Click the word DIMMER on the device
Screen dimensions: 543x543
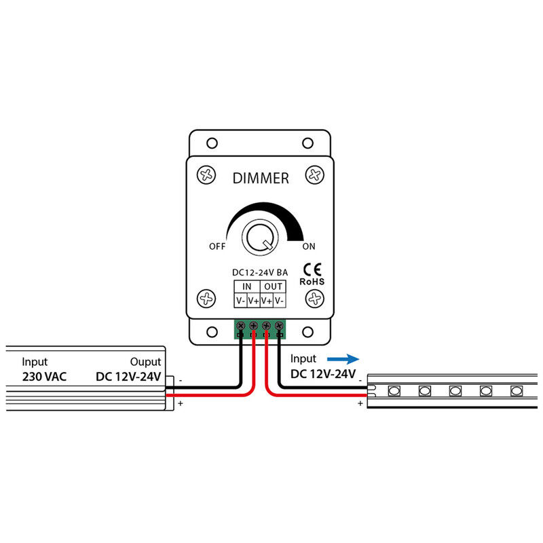click(x=261, y=179)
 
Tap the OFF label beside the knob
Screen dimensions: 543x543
click(x=217, y=246)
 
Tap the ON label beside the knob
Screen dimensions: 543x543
click(x=309, y=246)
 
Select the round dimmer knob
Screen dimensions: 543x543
click(x=260, y=238)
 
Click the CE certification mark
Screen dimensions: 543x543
click(x=312, y=269)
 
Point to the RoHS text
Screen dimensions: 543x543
click(x=312, y=282)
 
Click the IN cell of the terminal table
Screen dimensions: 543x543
click(x=247, y=286)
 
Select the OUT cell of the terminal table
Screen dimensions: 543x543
click(x=273, y=286)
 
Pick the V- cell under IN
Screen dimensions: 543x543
click(x=241, y=301)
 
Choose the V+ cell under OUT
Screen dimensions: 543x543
click(x=266, y=301)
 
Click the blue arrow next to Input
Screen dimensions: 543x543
click(x=343, y=359)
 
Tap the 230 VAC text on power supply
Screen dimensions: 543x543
click(x=44, y=377)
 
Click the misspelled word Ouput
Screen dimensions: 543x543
click(x=145, y=362)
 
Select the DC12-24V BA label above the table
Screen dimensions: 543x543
click(x=260, y=273)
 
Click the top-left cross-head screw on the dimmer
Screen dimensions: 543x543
click(x=206, y=174)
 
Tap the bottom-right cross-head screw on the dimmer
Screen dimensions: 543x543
click(x=315, y=299)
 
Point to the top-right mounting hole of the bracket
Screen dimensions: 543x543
click(x=308, y=143)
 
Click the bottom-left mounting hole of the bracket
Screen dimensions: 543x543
click(x=212, y=332)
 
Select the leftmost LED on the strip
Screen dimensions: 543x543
click(x=394, y=391)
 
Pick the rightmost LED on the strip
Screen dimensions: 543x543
click(x=517, y=391)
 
